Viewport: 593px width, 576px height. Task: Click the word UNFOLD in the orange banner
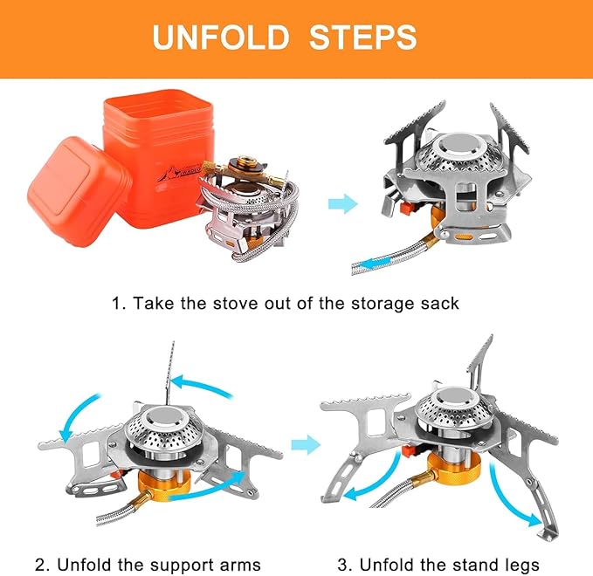tap(221, 37)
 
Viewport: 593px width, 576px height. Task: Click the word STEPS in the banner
tap(363, 37)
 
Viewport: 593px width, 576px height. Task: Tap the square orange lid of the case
tap(79, 192)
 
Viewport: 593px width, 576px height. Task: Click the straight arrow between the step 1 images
tap(342, 203)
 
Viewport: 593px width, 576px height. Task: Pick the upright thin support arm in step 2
tap(170, 374)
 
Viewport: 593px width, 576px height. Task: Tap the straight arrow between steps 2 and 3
tap(306, 444)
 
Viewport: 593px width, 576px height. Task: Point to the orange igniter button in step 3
tap(408, 451)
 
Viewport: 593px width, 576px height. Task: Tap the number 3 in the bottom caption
tap(342, 566)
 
